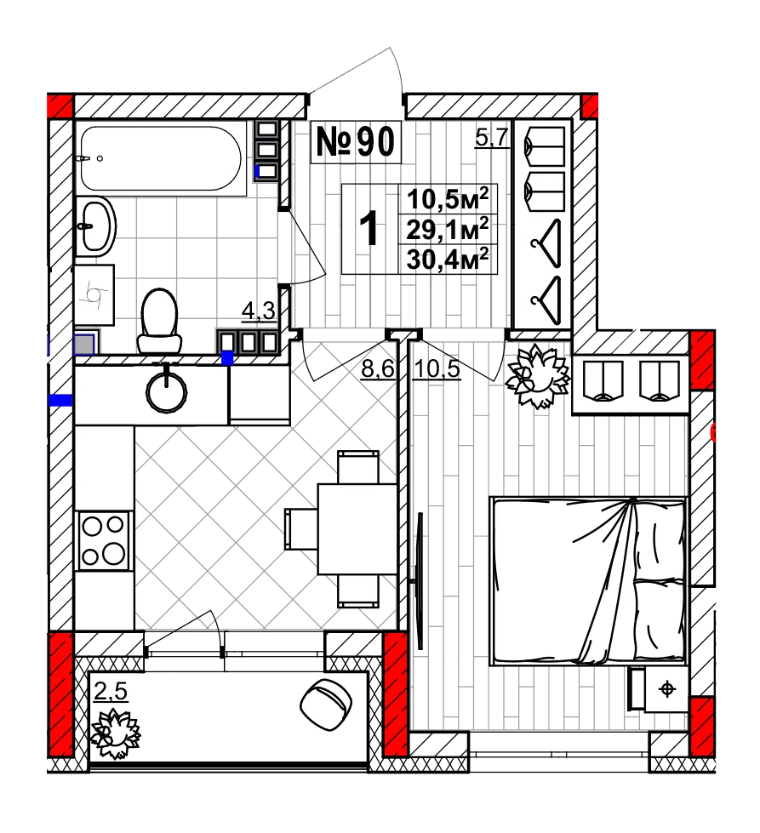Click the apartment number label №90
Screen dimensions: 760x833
[356, 142]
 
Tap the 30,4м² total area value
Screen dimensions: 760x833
[448, 260]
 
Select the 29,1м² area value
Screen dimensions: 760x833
[448, 230]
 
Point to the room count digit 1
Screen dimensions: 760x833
[369, 228]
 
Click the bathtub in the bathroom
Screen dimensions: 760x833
[161, 157]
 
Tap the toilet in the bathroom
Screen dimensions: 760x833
[159, 322]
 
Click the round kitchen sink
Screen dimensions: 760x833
[166, 392]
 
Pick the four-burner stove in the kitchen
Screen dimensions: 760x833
[103, 540]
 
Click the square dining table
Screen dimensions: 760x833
[357, 529]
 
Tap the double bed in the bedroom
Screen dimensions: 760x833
[589, 581]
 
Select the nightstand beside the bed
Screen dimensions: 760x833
[659, 689]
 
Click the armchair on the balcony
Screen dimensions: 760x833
[326, 705]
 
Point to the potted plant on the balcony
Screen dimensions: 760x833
[115, 733]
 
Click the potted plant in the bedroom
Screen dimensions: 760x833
[537, 376]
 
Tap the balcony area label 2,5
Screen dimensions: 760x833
[111, 691]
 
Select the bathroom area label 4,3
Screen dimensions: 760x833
[259, 311]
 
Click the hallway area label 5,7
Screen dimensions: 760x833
[492, 138]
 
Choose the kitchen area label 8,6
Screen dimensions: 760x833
[378, 368]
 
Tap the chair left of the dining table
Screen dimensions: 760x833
[301, 529]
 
